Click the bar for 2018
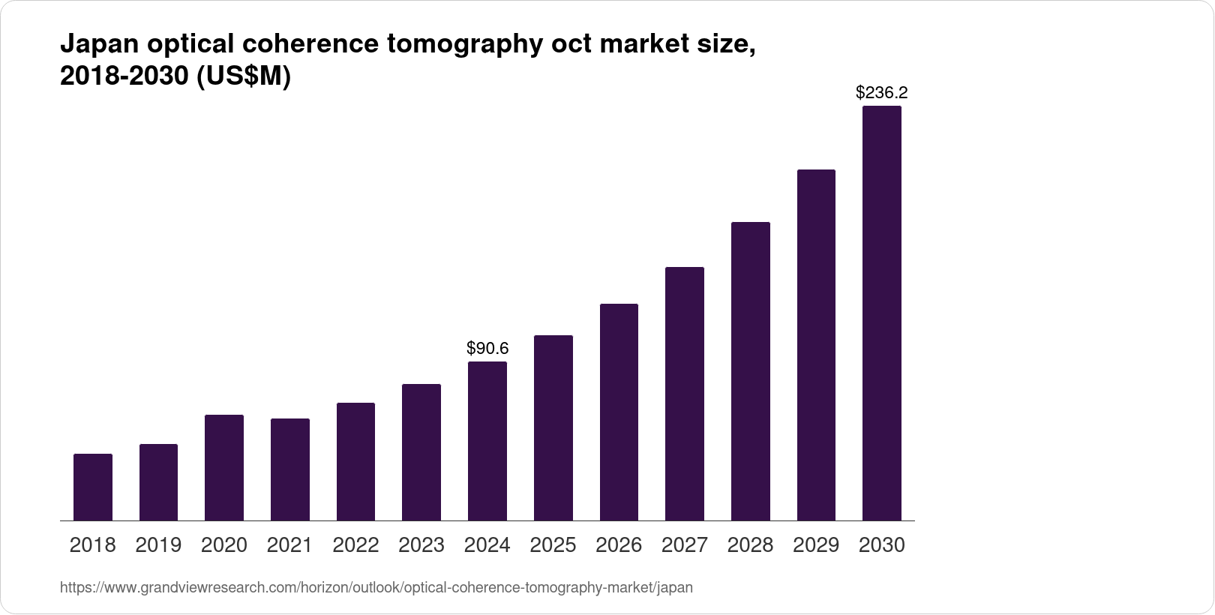click(93, 487)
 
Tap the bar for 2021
click(290, 469)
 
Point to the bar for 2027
click(685, 394)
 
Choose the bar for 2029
click(816, 345)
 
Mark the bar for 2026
click(619, 412)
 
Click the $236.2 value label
click(882, 93)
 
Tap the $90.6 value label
click(487, 348)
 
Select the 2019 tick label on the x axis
click(158, 545)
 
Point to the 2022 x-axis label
click(355, 545)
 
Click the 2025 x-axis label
click(553, 545)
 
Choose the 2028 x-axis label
click(750, 545)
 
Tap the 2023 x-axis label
click(421, 545)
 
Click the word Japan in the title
click(97, 45)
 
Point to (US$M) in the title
click(243, 76)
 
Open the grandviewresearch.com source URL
click(376, 588)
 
